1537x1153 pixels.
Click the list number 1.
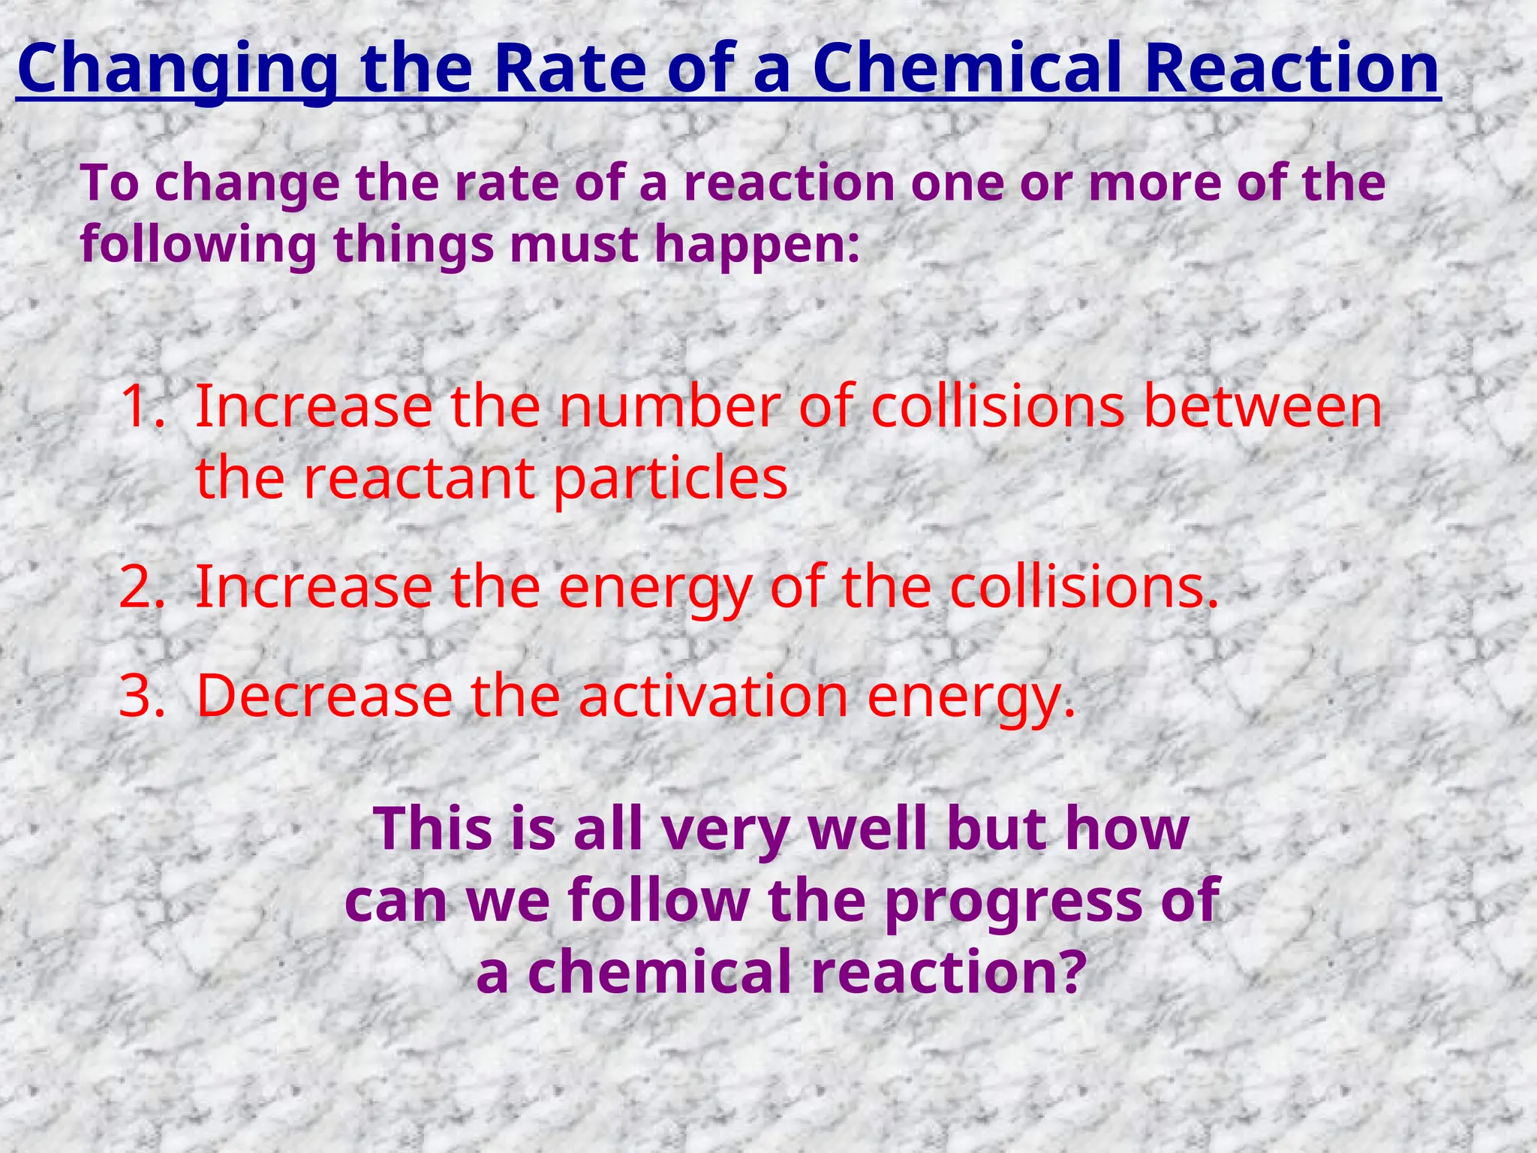pos(141,406)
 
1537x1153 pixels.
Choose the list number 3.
pos(141,695)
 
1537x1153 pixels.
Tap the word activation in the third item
pos(713,695)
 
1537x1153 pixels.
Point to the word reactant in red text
pos(419,479)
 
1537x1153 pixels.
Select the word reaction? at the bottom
pos(949,971)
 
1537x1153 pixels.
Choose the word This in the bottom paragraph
pos(427,828)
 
